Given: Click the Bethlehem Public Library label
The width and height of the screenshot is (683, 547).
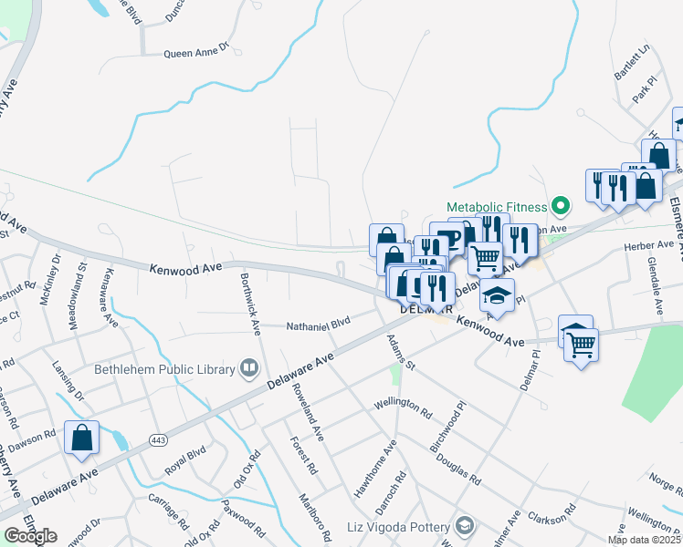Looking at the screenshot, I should coord(165,369).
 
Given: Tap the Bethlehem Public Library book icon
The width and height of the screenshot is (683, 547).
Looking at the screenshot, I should coord(247,369).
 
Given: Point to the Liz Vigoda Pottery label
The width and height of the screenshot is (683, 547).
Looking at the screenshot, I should coord(399,527).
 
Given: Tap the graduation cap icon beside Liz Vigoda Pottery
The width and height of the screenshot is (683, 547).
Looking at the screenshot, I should coord(465,527).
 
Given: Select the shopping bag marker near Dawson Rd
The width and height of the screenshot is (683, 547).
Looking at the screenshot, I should coord(82,437).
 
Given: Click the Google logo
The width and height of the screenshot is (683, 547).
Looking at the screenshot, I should coord(30,535).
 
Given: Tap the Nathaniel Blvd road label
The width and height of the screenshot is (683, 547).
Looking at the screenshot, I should coord(319,324).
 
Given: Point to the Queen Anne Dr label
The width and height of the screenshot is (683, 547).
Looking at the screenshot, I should coord(195,53).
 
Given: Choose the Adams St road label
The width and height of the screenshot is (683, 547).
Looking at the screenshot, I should coord(400,351).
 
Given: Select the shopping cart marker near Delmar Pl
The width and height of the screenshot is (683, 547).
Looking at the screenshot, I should coord(581,345).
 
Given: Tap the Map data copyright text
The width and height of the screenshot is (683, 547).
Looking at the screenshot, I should coord(644,540).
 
